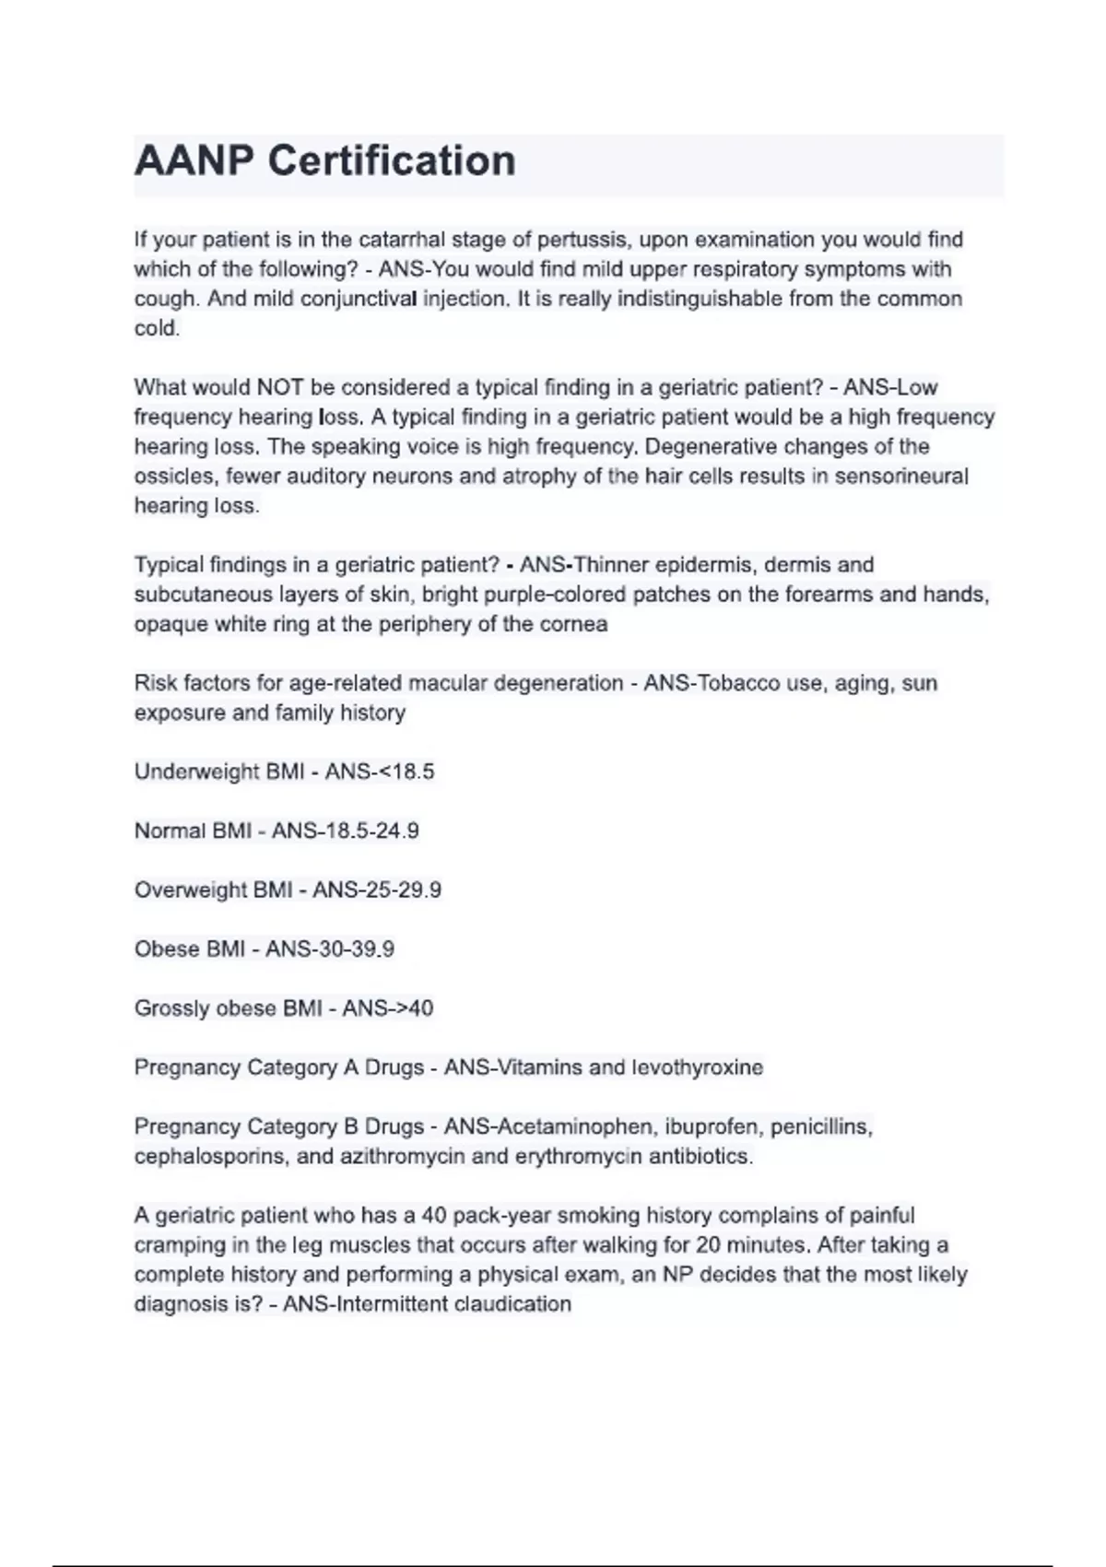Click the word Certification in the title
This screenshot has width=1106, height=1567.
click(x=392, y=161)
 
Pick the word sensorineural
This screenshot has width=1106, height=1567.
click(x=901, y=477)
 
